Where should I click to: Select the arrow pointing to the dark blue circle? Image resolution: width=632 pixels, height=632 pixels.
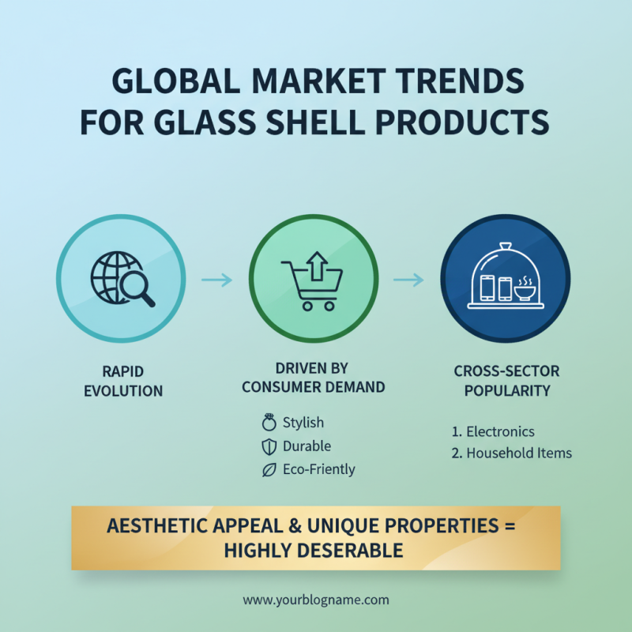[408, 280]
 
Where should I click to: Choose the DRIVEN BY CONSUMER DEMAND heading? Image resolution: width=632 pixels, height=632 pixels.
[313, 378]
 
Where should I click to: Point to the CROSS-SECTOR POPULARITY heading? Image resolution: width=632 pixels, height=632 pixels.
[506, 381]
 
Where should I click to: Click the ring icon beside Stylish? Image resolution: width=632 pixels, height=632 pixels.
[269, 423]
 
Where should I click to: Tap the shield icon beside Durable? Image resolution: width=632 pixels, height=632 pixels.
[269, 446]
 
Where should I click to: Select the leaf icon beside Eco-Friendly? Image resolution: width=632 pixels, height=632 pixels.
[269, 470]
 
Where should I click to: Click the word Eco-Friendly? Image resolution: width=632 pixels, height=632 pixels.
[318, 469]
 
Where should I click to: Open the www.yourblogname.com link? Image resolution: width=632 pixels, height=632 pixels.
[316, 600]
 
